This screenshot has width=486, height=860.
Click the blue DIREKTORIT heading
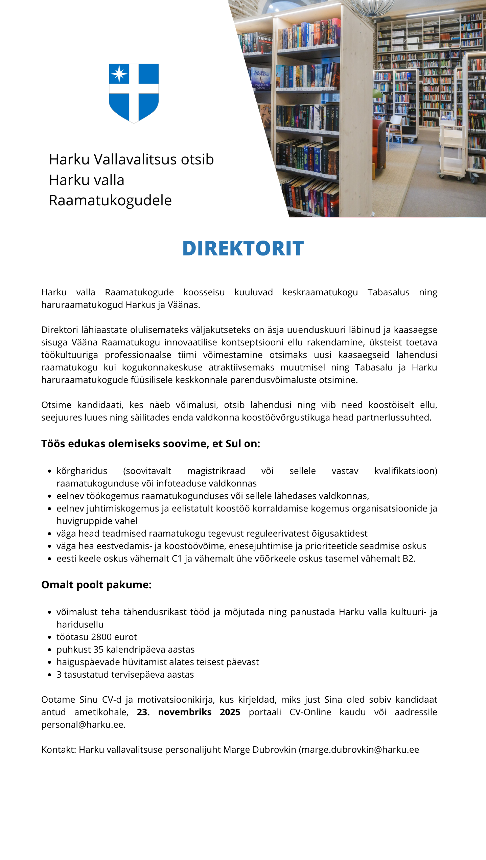243,248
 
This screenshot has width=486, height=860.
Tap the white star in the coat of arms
119,73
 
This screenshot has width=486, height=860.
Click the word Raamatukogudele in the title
110,200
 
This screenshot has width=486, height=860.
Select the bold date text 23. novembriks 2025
188,712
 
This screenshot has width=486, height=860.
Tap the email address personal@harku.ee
83,725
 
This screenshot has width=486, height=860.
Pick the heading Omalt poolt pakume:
96,585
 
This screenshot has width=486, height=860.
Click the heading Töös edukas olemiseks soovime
151,444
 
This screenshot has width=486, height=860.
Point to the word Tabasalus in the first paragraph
388,292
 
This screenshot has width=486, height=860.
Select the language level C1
177,559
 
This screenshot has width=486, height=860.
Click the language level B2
408,559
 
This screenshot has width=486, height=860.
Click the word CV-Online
310,712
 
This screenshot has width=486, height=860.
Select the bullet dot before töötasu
50,638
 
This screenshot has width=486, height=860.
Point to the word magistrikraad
216,471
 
